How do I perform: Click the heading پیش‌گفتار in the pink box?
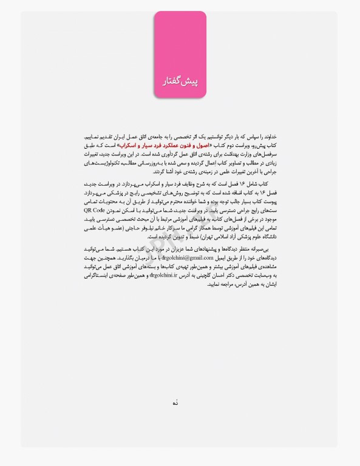(180, 81)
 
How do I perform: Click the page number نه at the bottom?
(176, 402)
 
